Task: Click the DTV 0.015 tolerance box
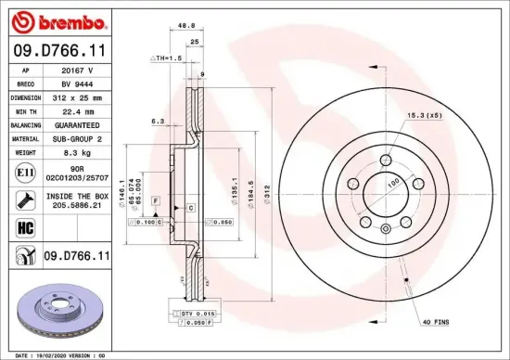[x=192, y=315]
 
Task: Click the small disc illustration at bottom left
[x=58, y=313]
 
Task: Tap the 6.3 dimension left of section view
[x=159, y=121]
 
